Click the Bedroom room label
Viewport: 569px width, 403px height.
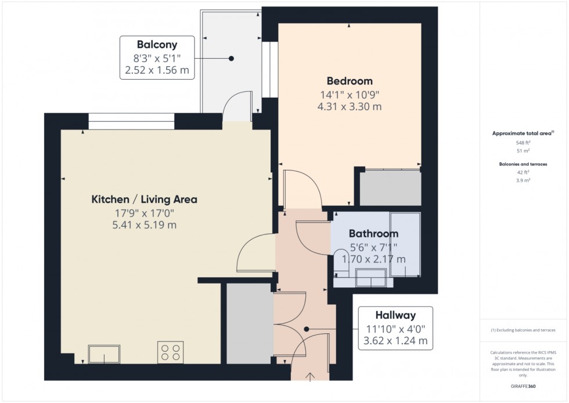click(x=349, y=81)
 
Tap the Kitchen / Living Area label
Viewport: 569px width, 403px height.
click(x=144, y=199)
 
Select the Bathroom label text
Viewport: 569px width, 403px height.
click(x=373, y=234)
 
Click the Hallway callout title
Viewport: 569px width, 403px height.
click(x=395, y=316)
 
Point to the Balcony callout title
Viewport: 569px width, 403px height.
click(x=157, y=44)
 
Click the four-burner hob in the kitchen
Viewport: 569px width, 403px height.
click(x=170, y=352)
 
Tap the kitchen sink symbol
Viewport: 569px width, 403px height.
click(x=104, y=354)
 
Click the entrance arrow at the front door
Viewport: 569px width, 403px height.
click(x=311, y=377)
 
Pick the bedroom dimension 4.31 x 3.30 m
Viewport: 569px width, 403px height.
click(x=349, y=106)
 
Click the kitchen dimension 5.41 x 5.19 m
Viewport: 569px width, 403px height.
click(x=144, y=225)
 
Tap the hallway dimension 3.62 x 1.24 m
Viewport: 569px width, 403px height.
click(x=395, y=341)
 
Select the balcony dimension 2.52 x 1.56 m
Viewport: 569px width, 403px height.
click(x=157, y=70)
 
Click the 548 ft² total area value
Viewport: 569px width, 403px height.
click(x=523, y=142)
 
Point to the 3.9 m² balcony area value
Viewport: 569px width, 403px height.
click(x=523, y=180)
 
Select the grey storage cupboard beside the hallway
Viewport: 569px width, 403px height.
click(x=249, y=323)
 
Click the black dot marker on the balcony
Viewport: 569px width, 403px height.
click(x=231, y=58)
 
